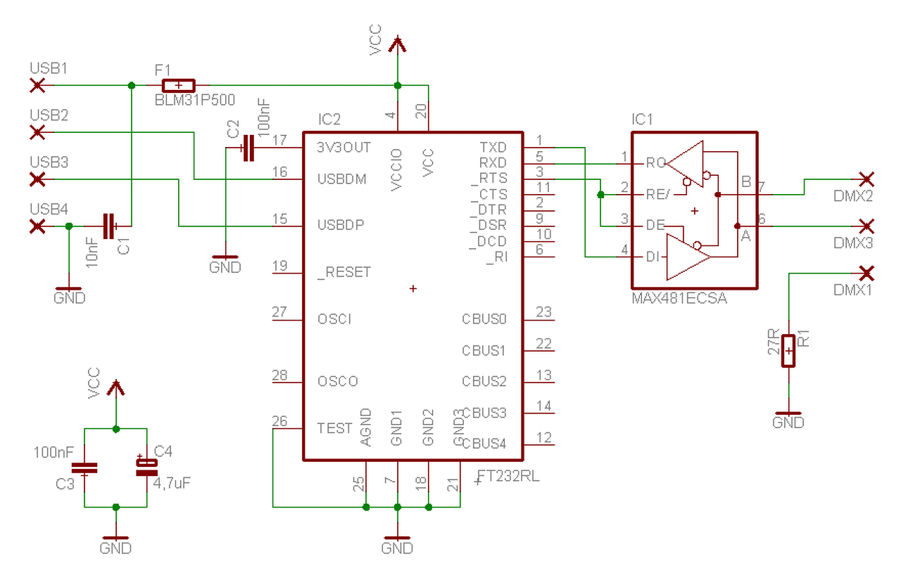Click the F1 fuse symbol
[x=179, y=86]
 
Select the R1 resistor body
[x=788, y=351]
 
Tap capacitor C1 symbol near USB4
[x=109, y=226]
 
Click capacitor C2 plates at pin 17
[x=249, y=148]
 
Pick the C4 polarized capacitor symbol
[x=147, y=467]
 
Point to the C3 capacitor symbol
[x=84, y=468]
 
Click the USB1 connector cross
[x=37, y=86]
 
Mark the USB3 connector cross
[x=37, y=179]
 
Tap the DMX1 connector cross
[x=867, y=274]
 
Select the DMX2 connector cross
[x=867, y=179]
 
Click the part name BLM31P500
[x=195, y=100]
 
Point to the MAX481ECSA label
[x=679, y=298]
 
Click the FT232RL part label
[x=508, y=477]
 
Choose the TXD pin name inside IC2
[x=493, y=148]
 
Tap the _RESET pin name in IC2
[x=344, y=273]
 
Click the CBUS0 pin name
[x=484, y=319]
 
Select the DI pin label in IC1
[x=652, y=257]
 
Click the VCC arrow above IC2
[x=398, y=44]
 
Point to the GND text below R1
[x=788, y=423]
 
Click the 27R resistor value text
[x=774, y=342]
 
